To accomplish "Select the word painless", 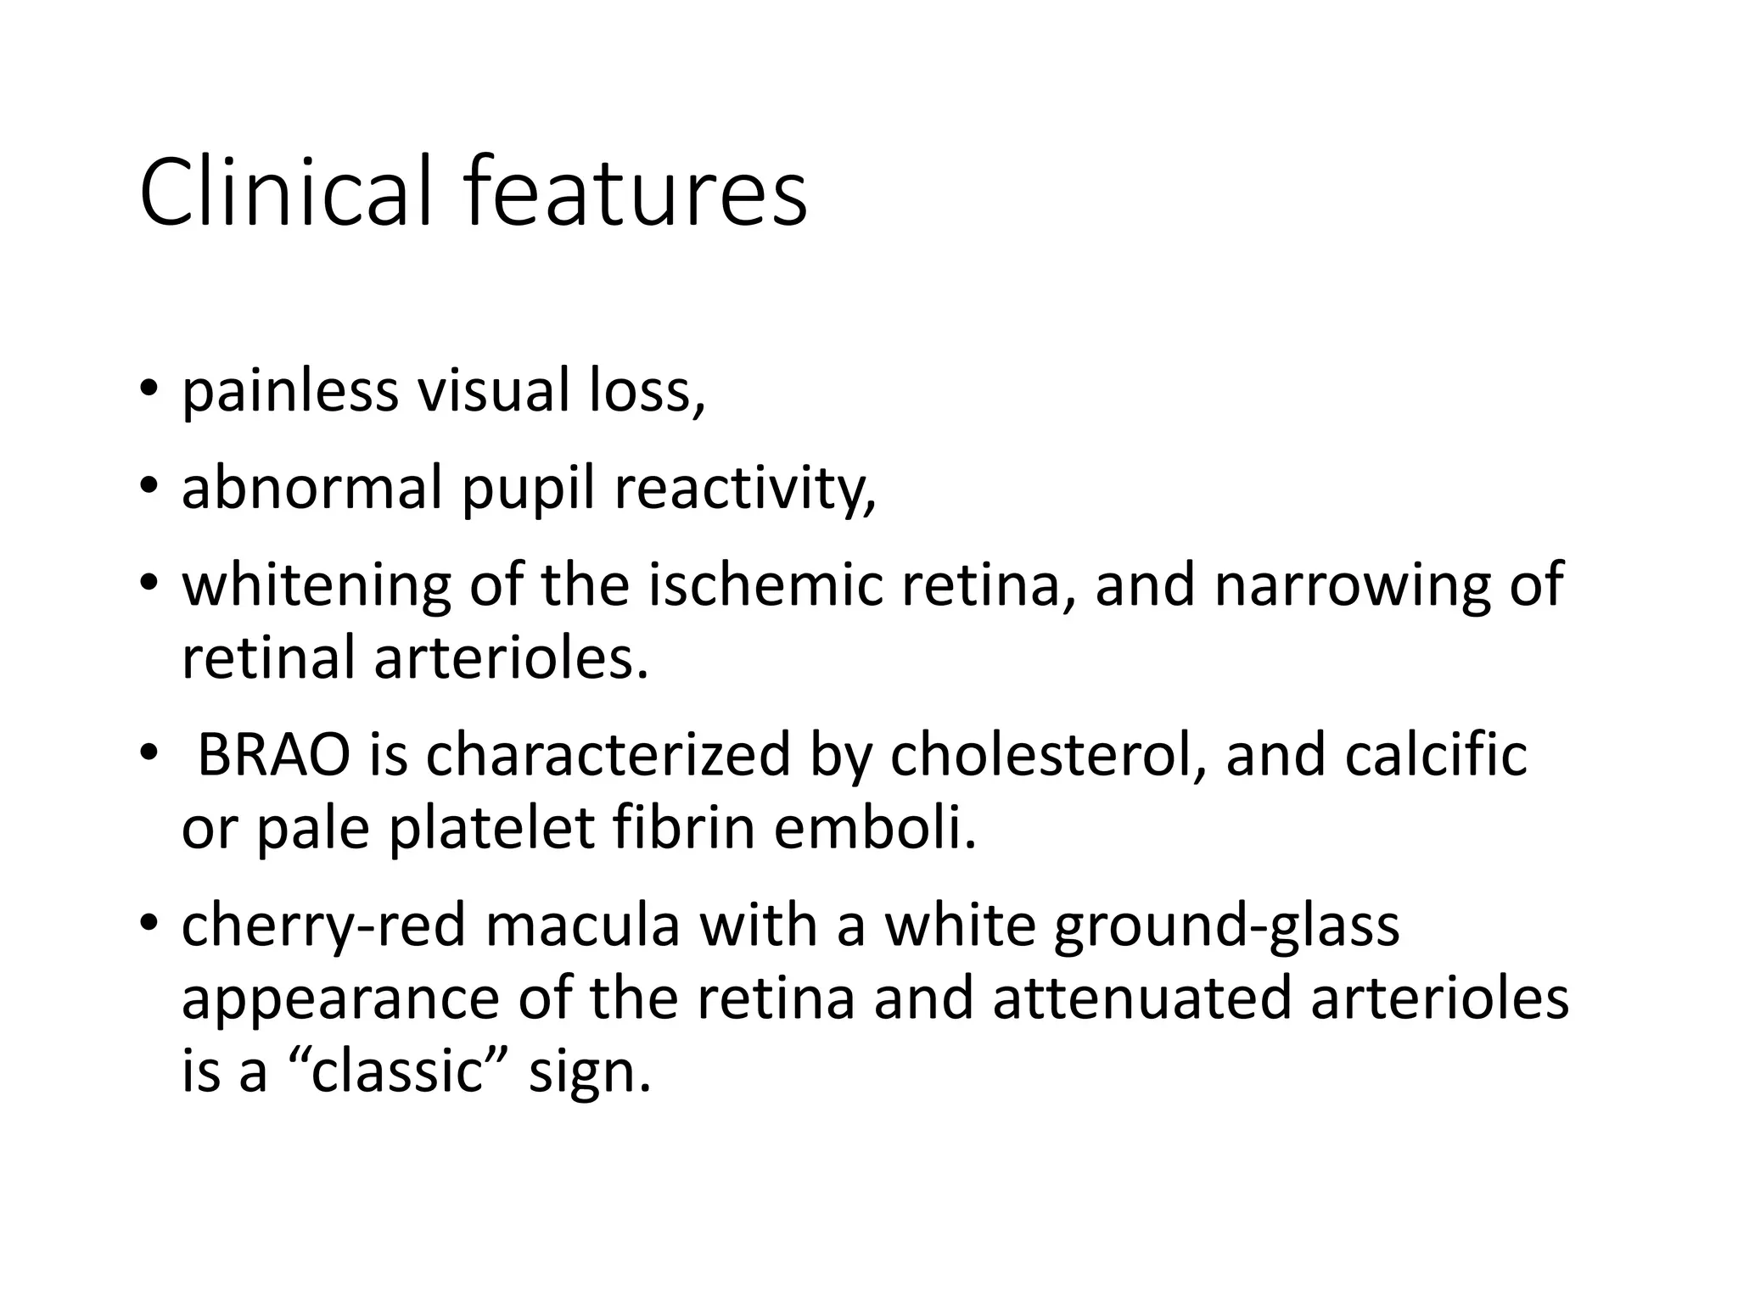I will [x=290, y=392].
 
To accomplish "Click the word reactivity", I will [x=743, y=489].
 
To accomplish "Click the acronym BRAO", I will [x=273, y=754].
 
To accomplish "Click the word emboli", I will [x=875, y=828].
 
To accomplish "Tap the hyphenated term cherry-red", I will [x=323, y=926].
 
